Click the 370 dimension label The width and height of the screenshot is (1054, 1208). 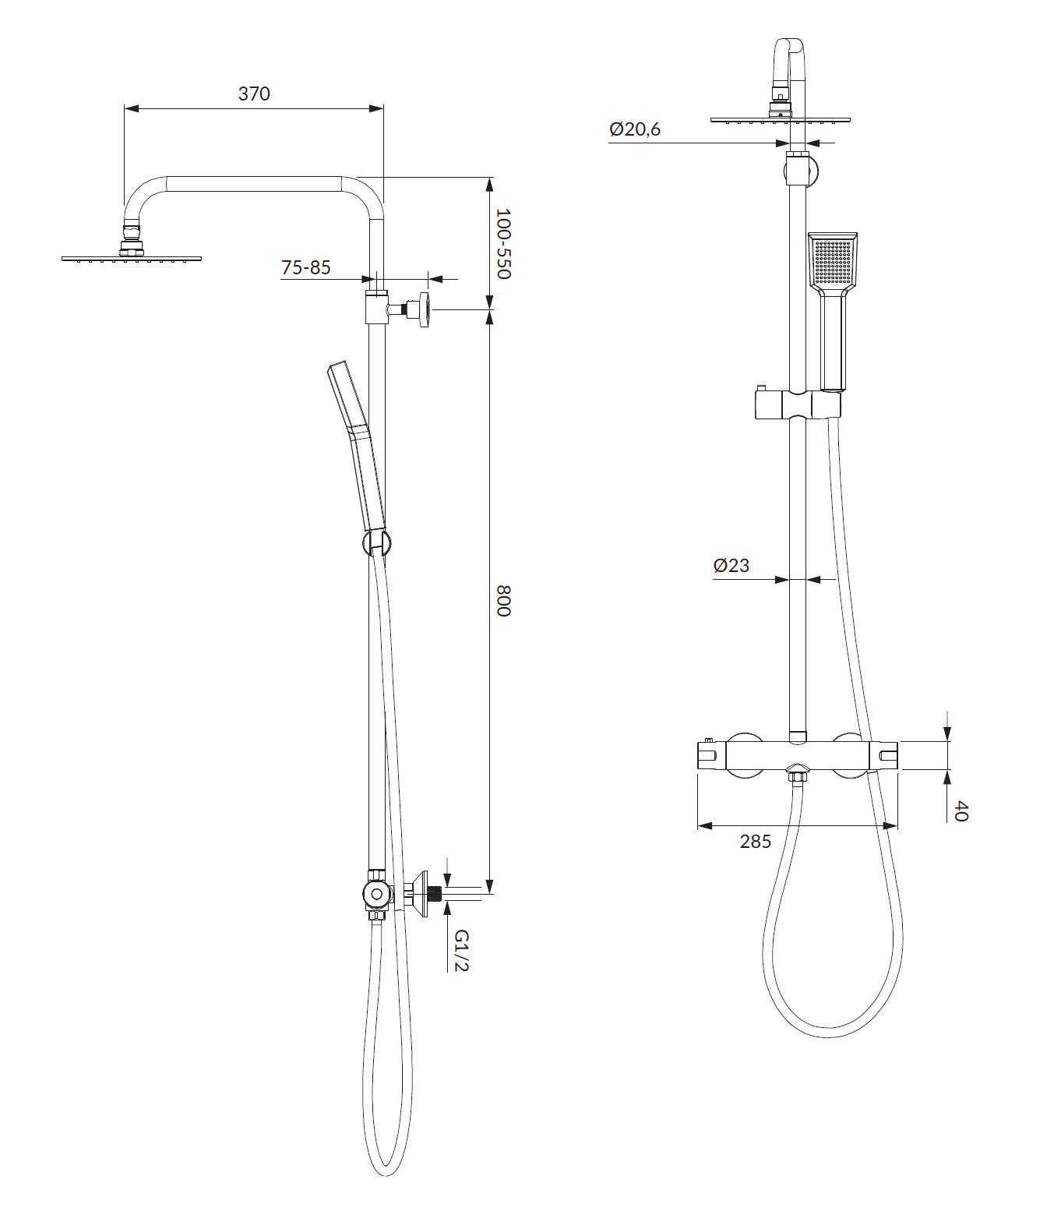[x=254, y=94]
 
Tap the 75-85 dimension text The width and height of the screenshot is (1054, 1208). [x=305, y=267]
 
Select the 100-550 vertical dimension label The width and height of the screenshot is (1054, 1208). [x=502, y=243]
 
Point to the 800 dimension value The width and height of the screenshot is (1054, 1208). [x=502, y=600]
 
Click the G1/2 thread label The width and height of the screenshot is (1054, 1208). [x=461, y=951]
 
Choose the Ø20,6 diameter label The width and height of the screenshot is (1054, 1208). [x=635, y=129]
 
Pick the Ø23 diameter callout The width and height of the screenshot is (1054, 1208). [x=731, y=565]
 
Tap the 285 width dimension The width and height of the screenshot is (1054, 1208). [x=756, y=842]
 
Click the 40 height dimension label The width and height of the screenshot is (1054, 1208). [x=961, y=811]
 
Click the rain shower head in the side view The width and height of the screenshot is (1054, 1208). [x=132, y=257]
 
